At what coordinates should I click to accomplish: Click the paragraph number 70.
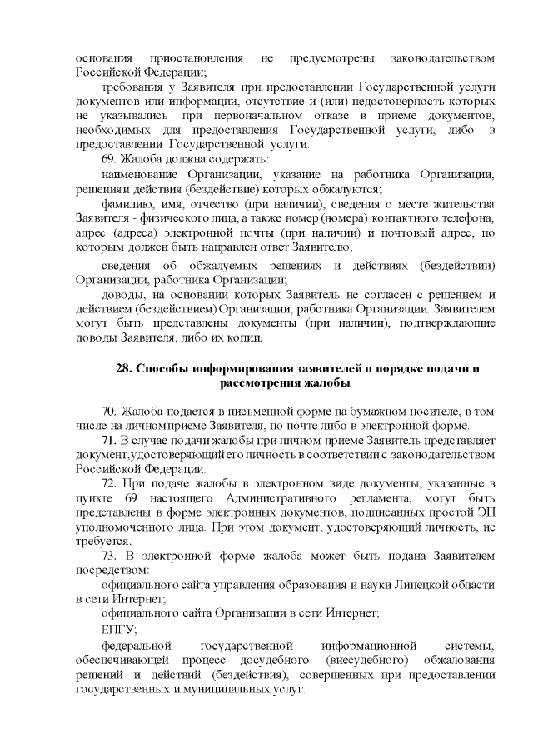pyautogui.click(x=109, y=412)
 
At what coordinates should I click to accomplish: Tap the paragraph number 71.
pyautogui.click(x=109, y=441)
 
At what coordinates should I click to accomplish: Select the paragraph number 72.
pyautogui.click(x=109, y=484)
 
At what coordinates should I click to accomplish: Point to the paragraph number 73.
pyautogui.click(x=109, y=555)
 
